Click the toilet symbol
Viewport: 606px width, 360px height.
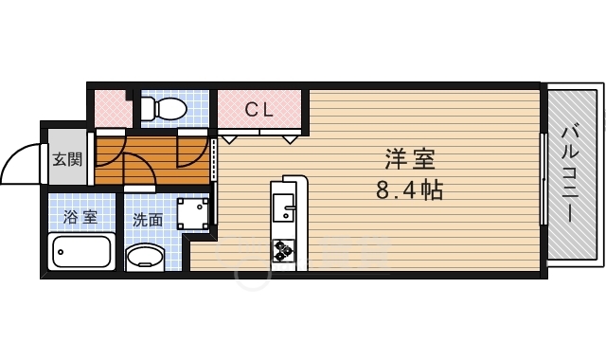coord(164,108)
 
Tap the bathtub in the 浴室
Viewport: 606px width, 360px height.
coord(81,251)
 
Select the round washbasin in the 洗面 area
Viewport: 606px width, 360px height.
coord(145,257)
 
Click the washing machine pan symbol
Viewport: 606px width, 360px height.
coord(193,214)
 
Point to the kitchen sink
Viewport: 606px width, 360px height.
coord(283,207)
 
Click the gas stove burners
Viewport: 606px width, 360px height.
coord(283,250)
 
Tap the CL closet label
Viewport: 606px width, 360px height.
coord(258,110)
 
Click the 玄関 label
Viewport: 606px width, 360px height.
coord(67,159)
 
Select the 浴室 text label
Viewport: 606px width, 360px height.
coord(80,217)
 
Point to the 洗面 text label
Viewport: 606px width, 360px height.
coord(148,220)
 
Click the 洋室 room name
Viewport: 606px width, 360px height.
coord(410,159)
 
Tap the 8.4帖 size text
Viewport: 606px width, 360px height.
coord(409,189)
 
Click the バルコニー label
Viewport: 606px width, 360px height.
coord(570,174)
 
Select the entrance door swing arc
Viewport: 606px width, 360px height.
coord(15,156)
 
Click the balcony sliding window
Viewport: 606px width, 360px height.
coord(544,179)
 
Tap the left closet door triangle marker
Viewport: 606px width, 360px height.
coord(229,139)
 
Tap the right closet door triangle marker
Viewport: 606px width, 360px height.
coord(291,139)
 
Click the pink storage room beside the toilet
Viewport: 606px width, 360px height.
coord(113,109)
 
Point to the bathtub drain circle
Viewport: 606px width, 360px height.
coord(61,252)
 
